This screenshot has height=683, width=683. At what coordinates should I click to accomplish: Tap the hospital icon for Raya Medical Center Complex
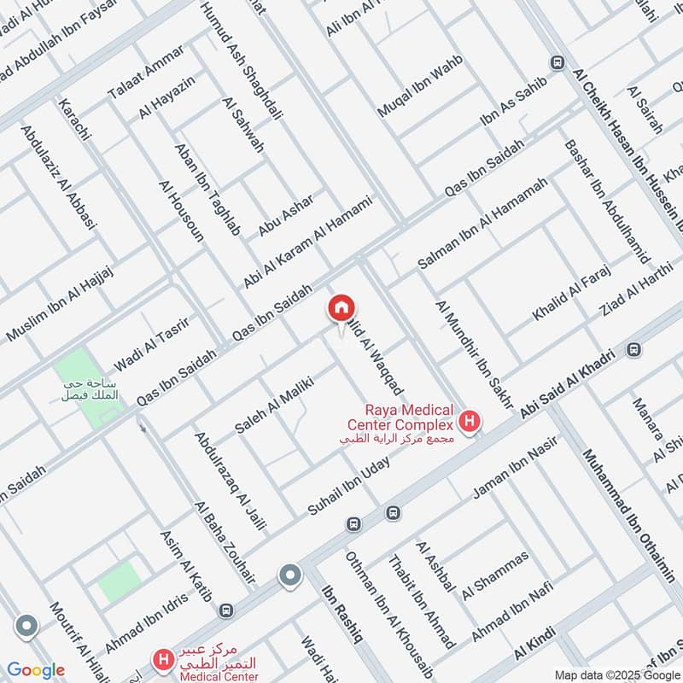pyautogui.click(x=468, y=420)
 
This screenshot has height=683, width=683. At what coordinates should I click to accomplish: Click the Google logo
pyautogui.click(x=36, y=670)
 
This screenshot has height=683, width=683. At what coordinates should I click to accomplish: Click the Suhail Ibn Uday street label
pyautogui.click(x=349, y=486)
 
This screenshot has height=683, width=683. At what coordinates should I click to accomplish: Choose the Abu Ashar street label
pyautogui.click(x=286, y=214)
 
